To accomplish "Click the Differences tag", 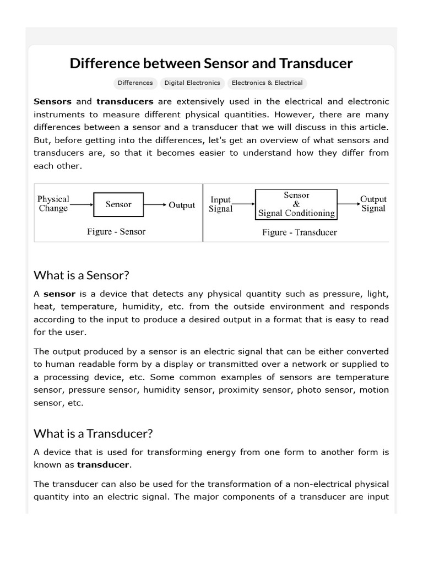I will click(x=135, y=83).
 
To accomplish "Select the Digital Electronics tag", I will click(x=192, y=83).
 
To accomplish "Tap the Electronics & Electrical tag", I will click(x=267, y=83).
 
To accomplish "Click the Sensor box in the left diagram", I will click(x=118, y=204).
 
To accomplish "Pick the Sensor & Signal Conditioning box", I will click(x=296, y=204).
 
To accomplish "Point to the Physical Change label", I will click(x=53, y=204).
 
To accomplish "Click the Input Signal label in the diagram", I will click(x=221, y=204).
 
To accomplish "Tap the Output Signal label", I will click(x=373, y=204).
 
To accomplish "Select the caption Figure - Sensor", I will click(x=116, y=232).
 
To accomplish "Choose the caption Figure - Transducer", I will click(x=300, y=232).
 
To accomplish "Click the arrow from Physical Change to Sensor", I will click(x=82, y=205).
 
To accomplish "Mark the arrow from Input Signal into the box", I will click(x=244, y=205).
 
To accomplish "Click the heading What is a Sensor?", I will click(x=81, y=275).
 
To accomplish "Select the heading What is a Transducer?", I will click(x=93, y=433).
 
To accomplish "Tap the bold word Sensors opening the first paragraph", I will click(x=53, y=101).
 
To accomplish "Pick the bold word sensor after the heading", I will click(x=59, y=294).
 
